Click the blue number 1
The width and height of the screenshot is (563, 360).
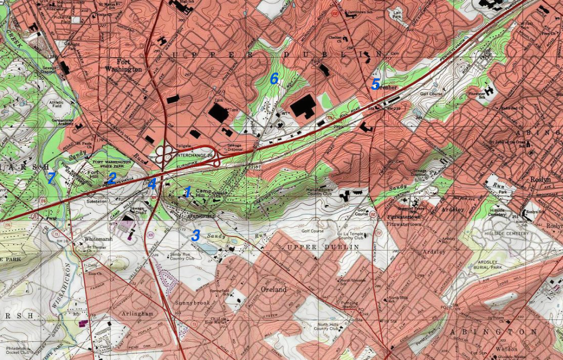pos(188,192)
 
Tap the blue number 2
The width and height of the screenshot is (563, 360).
pos(112,178)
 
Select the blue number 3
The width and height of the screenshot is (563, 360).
pos(195,235)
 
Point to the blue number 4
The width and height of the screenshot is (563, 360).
pos(152,183)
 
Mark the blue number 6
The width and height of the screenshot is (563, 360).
pos(274,79)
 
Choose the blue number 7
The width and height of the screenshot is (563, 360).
pos(52,178)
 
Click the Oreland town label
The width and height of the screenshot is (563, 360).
pos(273,290)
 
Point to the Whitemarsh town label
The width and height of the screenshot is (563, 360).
pos(99,240)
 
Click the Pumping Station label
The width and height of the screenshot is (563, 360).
pos(349,305)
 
